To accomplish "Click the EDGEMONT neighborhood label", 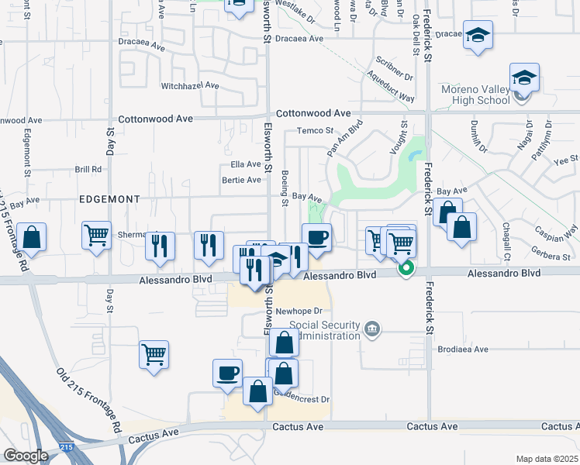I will tap(109, 199).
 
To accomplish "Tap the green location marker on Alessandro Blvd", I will tap(406, 270).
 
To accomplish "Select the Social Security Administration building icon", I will tap(373, 329).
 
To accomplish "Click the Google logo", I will tap(26, 456).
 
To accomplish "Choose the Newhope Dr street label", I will tap(293, 312).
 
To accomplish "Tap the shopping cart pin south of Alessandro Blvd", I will tap(154, 354).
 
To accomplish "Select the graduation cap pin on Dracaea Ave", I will tap(478, 35).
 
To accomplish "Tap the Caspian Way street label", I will tap(556, 231).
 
